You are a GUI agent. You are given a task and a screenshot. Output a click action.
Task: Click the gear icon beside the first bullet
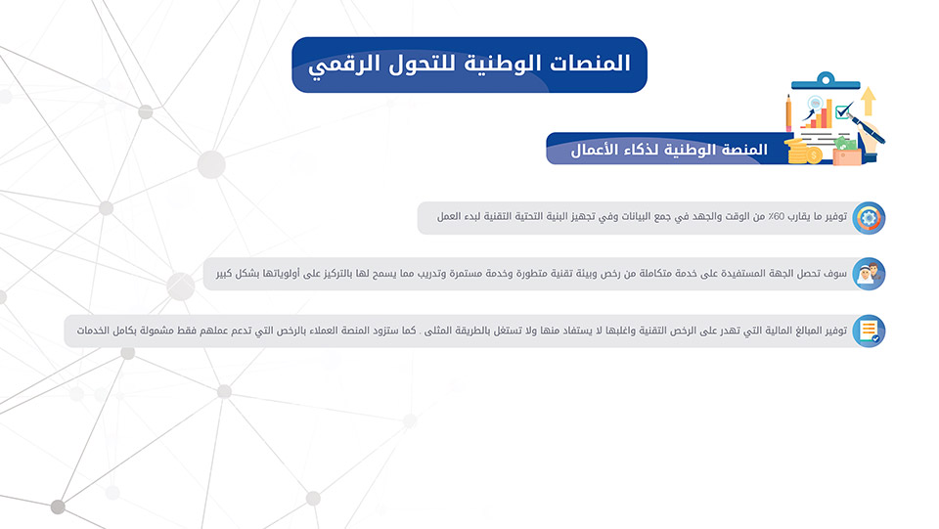[869, 218]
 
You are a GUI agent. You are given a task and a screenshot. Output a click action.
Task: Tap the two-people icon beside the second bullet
[869, 274]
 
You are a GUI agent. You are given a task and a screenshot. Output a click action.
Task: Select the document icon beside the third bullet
[869, 331]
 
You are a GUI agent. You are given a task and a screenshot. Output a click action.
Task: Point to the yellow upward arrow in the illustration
[869, 101]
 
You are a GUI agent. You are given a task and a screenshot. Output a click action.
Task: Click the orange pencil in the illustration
[788, 112]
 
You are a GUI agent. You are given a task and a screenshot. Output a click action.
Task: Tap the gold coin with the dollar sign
[813, 155]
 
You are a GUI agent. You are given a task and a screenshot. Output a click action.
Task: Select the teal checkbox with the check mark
[843, 110]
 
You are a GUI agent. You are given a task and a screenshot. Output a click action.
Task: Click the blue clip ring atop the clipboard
[826, 78]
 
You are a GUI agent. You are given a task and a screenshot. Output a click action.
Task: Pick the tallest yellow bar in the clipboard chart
[829, 113]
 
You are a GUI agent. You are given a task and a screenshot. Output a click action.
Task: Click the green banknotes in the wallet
[845, 144]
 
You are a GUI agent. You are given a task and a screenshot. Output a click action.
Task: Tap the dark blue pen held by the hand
[866, 128]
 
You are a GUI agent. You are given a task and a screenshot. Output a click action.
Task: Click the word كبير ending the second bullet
[225, 274]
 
